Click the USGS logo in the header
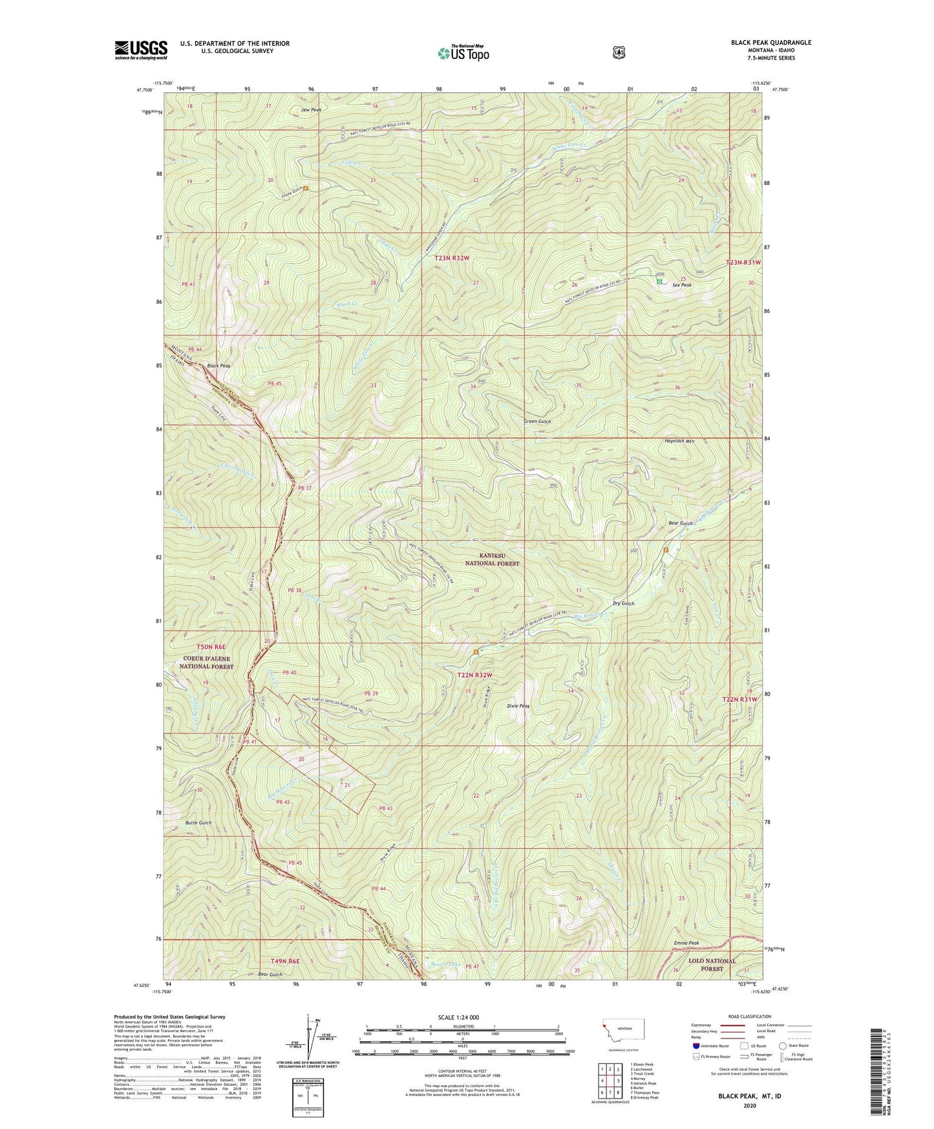tap(141, 50)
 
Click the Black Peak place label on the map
tap(218, 366)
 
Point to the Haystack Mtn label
tap(679, 441)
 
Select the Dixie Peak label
tap(518, 706)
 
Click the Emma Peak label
tap(686, 943)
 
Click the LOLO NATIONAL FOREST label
tap(712, 964)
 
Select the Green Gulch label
tap(537, 421)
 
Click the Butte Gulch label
tap(198, 823)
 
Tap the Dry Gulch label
tap(623, 603)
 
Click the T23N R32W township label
tap(451, 258)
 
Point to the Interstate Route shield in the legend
tap(695, 1046)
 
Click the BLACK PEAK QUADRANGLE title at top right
tap(770, 43)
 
